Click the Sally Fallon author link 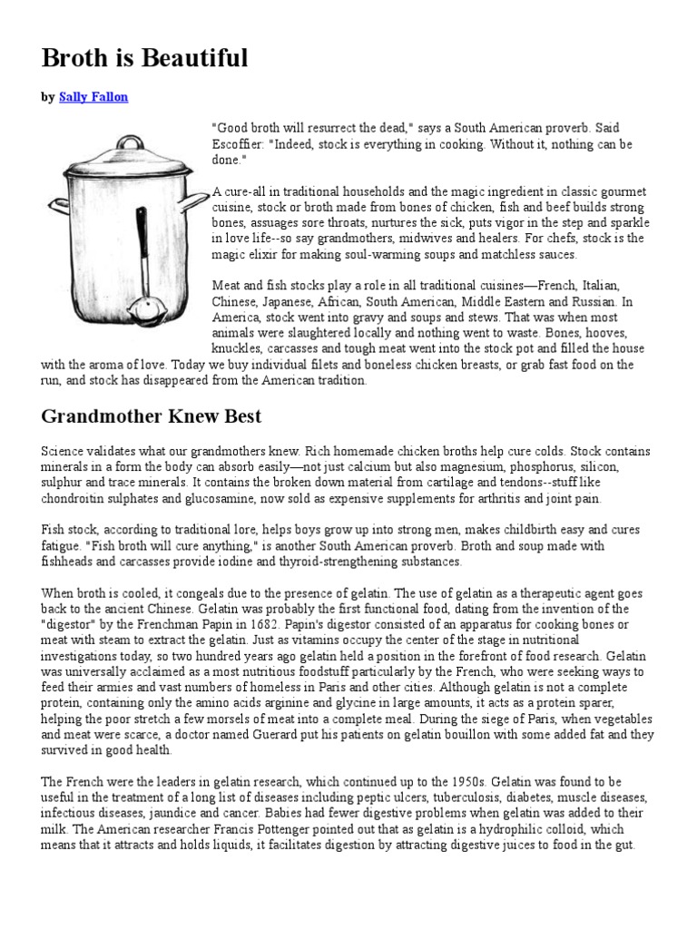click(93, 97)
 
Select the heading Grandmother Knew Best click(152, 417)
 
